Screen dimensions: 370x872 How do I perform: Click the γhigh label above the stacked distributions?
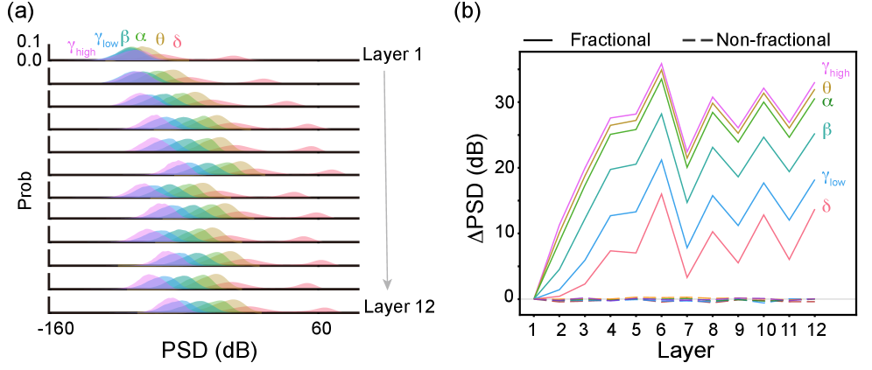pyautogui.click(x=81, y=48)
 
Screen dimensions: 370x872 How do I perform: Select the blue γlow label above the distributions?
pyautogui.click(x=106, y=40)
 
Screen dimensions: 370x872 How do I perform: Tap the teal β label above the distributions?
pyautogui.click(x=125, y=37)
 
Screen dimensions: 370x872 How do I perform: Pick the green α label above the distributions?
pyautogui.click(x=141, y=37)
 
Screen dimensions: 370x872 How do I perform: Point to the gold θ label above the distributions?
pyautogui.click(x=159, y=39)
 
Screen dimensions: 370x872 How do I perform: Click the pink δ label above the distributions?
pyautogui.click(x=177, y=42)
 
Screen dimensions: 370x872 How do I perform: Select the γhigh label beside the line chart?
pyautogui.click(x=834, y=69)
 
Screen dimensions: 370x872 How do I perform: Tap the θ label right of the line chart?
pyautogui.click(x=826, y=87)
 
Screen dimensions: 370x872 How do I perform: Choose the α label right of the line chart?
pyautogui.click(x=827, y=101)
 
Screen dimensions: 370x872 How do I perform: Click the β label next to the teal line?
pyautogui.click(x=826, y=130)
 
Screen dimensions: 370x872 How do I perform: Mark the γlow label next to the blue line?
pyautogui.click(x=833, y=178)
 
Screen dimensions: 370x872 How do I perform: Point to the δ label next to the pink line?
pyautogui.click(x=826, y=207)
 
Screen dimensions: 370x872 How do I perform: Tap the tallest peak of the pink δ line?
pyautogui.click(x=661, y=192)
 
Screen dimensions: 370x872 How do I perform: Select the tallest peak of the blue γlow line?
pyautogui.click(x=661, y=159)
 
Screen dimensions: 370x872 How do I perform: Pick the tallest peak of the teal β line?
pyautogui.click(x=661, y=114)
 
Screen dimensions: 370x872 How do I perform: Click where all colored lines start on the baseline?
pyautogui.click(x=535, y=298)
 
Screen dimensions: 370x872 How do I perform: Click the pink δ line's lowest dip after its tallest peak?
pyautogui.click(x=687, y=277)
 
